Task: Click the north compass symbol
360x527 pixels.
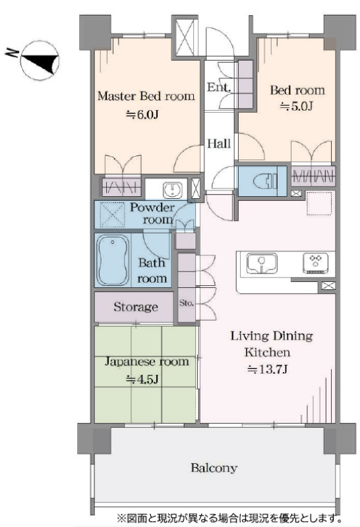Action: pos(40,61)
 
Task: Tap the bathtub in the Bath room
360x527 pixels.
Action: pos(113,260)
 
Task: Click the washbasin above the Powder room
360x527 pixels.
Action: pos(173,190)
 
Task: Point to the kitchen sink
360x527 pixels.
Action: pos(262,263)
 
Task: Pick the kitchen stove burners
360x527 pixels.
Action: pos(315,262)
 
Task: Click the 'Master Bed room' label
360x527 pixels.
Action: pos(146,96)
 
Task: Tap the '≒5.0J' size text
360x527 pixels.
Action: pos(297,107)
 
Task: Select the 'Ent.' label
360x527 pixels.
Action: pos(219,88)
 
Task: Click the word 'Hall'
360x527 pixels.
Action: pos(219,144)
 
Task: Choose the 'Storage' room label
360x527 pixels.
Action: pos(136,307)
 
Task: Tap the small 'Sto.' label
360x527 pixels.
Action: pos(186,303)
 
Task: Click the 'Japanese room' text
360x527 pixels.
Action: pos(147,362)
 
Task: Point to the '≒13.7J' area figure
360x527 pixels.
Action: pos(267,370)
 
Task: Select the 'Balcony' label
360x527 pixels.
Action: pos(214,468)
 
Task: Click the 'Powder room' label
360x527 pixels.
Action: pos(154,213)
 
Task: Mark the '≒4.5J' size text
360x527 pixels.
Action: pos(142,379)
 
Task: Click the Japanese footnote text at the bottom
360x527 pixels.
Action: pos(229,517)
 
